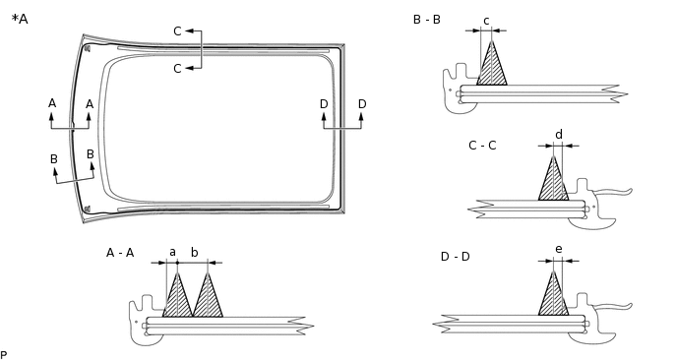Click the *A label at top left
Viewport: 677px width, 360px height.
click(20, 18)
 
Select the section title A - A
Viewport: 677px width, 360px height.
click(120, 253)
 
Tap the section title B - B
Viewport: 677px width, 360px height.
click(426, 19)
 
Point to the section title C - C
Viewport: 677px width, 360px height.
click(482, 146)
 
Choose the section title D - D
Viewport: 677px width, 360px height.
click(456, 257)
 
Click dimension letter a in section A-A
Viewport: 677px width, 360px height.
click(172, 252)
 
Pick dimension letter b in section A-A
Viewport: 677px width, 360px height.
click(194, 252)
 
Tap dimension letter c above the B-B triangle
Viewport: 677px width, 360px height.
click(486, 20)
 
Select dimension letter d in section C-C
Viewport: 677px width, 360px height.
click(559, 134)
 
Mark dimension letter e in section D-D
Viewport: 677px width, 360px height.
click(559, 249)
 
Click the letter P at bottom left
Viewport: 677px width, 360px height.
click(4, 354)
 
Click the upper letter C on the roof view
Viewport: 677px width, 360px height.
click(177, 31)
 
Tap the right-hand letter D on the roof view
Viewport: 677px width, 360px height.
click(362, 104)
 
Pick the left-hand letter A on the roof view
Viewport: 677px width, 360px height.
click(52, 103)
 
